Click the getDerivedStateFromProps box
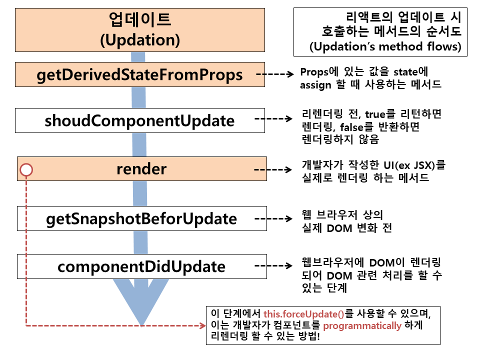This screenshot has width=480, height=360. tap(139, 75)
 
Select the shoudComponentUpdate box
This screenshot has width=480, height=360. tap(139, 120)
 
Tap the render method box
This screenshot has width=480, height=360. tap(141, 169)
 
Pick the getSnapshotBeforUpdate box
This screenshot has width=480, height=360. tap(141, 218)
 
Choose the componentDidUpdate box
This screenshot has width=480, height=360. tap(141, 266)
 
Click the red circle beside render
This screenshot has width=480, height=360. tap(26, 170)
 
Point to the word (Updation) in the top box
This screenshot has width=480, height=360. tap(140, 39)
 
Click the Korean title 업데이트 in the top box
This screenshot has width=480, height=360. tap(140, 20)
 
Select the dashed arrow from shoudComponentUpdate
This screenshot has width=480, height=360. tap(273, 119)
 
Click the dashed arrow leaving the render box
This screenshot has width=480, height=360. tap(273, 169)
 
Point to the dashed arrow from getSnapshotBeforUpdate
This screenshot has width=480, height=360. tap(273, 218)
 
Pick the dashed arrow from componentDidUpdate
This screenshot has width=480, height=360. tap(273, 266)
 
